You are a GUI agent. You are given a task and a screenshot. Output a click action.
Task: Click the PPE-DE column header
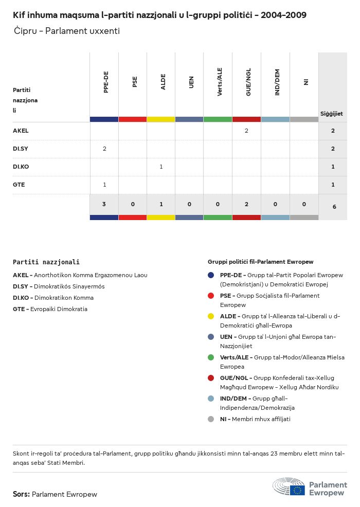pyautogui.click(x=106, y=82)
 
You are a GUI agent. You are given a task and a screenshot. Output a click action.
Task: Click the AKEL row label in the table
pyautogui.click(x=21, y=131)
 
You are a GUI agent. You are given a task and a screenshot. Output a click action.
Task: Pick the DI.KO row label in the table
pyautogui.click(x=21, y=167)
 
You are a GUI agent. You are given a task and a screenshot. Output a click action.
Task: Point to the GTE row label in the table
pyautogui.click(x=19, y=185)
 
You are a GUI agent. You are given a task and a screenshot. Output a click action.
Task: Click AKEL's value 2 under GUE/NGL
pyautogui.click(x=246, y=131)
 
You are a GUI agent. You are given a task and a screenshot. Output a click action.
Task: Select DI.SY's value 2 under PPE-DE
pyautogui.click(x=104, y=149)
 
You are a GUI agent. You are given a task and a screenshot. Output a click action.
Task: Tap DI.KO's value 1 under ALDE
pyautogui.click(x=161, y=167)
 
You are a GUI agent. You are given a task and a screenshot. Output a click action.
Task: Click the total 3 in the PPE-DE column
pyautogui.click(x=104, y=205)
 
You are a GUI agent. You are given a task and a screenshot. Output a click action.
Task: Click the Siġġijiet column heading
pyautogui.click(x=332, y=114)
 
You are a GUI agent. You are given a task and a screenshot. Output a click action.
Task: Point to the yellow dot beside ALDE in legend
pyautogui.click(x=211, y=316)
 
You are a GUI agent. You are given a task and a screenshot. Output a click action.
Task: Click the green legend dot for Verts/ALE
pyautogui.click(x=211, y=357)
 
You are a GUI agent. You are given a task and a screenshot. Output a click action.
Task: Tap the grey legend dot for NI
pyautogui.click(x=211, y=419)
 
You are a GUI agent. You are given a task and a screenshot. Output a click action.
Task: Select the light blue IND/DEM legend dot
pyautogui.click(x=211, y=399)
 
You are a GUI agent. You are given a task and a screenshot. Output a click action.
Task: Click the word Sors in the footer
pyautogui.click(x=21, y=494)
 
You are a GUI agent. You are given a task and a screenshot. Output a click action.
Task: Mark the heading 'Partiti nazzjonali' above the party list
pyautogui.click(x=46, y=262)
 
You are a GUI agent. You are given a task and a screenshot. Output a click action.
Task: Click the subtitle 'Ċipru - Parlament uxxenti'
pyautogui.click(x=67, y=31)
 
